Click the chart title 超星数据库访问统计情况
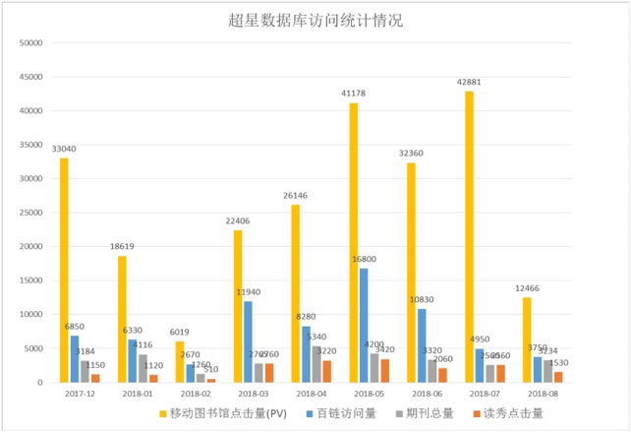click(315, 20)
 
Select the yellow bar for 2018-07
click(469, 236)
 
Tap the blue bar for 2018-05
click(364, 325)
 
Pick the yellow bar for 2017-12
click(64, 270)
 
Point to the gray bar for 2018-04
click(316, 364)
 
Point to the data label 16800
click(364, 259)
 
